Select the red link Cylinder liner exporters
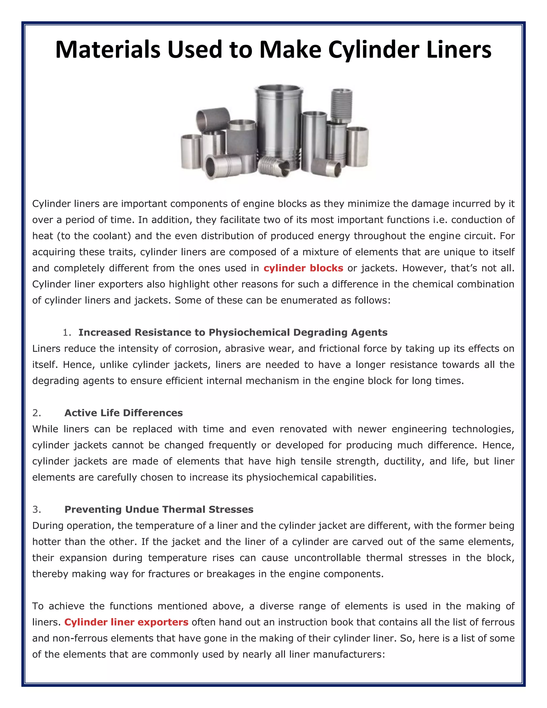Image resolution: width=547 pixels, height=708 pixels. [126, 622]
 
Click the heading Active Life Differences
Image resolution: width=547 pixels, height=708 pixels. [123, 413]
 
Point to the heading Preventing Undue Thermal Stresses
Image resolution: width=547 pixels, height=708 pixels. [159, 509]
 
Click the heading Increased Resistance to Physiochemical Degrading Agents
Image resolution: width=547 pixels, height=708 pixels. [233, 332]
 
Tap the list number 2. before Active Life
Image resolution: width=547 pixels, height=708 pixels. [37, 413]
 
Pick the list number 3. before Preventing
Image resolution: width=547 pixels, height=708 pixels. [37, 509]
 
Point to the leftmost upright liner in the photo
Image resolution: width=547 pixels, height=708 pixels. [191, 151]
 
